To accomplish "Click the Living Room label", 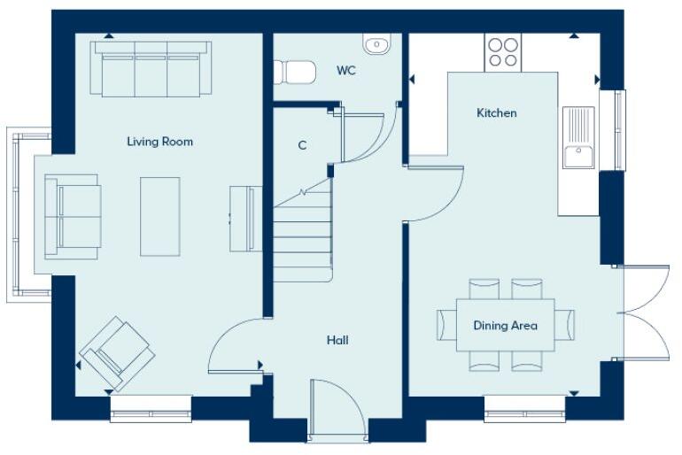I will (x=159, y=142).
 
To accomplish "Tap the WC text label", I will (x=346, y=71).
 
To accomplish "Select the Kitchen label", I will (x=497, y=113).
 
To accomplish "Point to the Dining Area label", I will (x=505, y=326).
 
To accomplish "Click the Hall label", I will (x=337, y=340).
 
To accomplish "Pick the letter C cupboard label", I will (x=302, y=145).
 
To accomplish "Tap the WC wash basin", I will (x=376, y=43).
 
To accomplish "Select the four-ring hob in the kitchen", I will (x=502, y=52).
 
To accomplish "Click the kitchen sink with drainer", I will (x=578, y=137).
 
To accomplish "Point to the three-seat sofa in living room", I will (x=150, y=69).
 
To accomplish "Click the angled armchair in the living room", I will (x=118, y=352).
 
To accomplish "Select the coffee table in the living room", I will (x=160, y=217).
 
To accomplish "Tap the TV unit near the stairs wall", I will (x=245, y=219).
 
